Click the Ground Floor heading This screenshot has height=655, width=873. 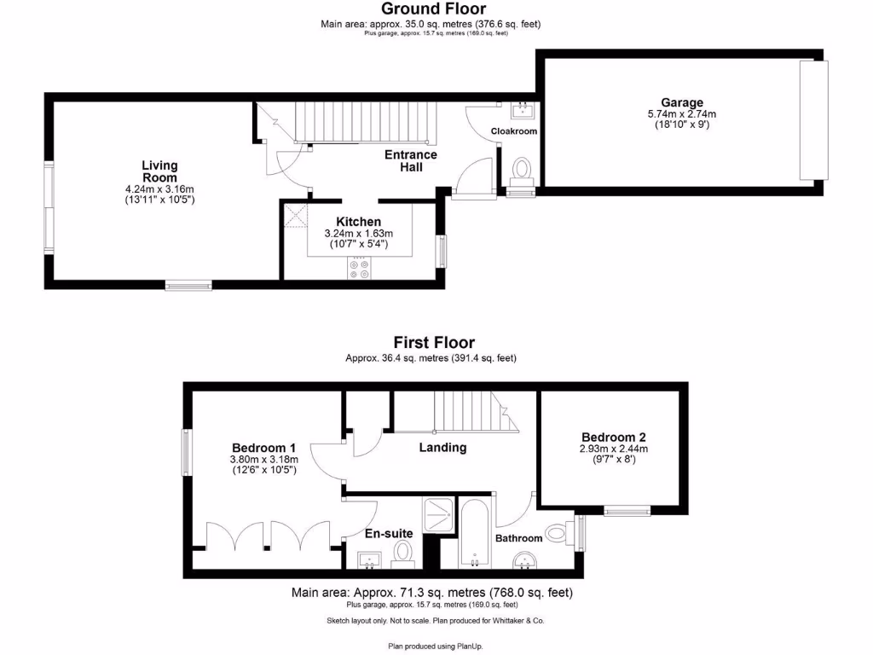point(433,9)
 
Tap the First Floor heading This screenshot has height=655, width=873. point(433,343)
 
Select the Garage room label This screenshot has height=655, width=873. point(682,102)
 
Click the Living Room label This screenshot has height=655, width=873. point(160,171)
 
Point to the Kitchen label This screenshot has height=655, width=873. point(358,222)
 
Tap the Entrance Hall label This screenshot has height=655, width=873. point(411,160)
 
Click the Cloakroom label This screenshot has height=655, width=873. point(514,131)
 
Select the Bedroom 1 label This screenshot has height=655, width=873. point(264,448)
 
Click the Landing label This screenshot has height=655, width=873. point(442,447)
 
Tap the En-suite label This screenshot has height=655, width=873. point(389,533)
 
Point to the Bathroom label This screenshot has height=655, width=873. point(519,538)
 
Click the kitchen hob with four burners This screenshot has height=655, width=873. point(359,269)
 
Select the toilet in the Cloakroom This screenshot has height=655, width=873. point(521,169)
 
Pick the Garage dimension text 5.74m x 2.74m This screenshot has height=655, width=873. point(682,114)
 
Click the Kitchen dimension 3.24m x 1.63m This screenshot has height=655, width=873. point(358,234)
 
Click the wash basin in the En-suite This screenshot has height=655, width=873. point(371,559)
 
